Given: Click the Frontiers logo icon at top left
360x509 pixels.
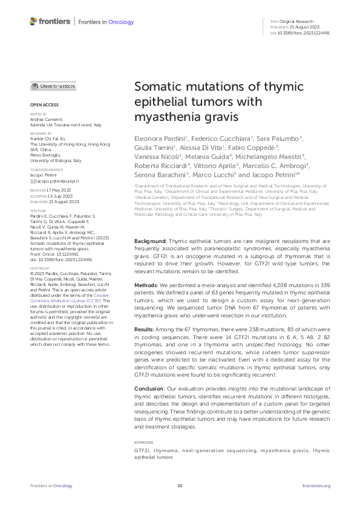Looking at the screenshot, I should (x=33, y=22).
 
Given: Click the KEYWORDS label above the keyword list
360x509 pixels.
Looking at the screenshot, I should (x=143, y=442).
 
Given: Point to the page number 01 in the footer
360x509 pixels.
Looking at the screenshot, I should (x=180, y=486).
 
